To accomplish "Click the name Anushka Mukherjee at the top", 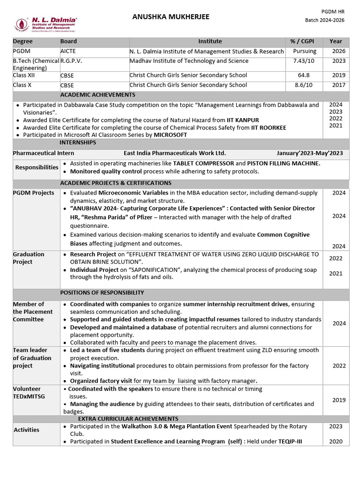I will [171, 17].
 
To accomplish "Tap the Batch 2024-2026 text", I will [325, 20].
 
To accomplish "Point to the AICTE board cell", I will [68, 51].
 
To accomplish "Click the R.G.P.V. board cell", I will [72, 61].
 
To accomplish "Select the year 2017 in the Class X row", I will [338, 85].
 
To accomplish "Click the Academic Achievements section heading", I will [97, 95].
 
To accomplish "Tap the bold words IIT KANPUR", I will [243, 120].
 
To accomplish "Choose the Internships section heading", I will [78, 142].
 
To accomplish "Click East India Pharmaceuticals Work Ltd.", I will [174, 153].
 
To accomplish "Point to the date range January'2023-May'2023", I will [310, 153].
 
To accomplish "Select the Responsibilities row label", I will [37, 167].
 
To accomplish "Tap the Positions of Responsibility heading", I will [102, 292].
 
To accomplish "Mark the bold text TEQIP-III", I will [301, 442].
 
